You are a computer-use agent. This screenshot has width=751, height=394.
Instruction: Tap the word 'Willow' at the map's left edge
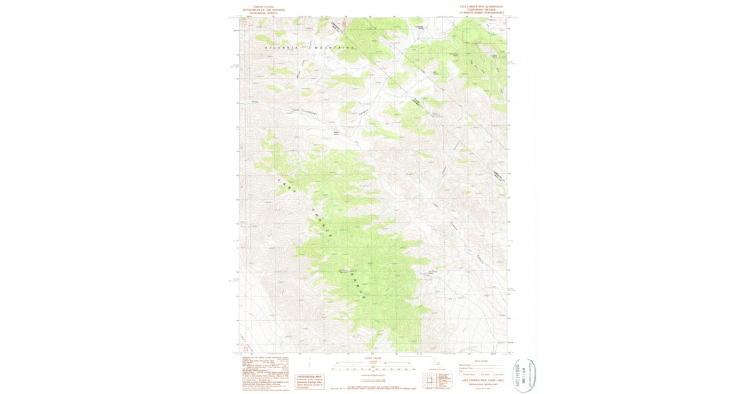(x=255, y=101)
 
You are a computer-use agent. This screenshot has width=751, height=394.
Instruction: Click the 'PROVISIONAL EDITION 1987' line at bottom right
(x=481, y=383)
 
